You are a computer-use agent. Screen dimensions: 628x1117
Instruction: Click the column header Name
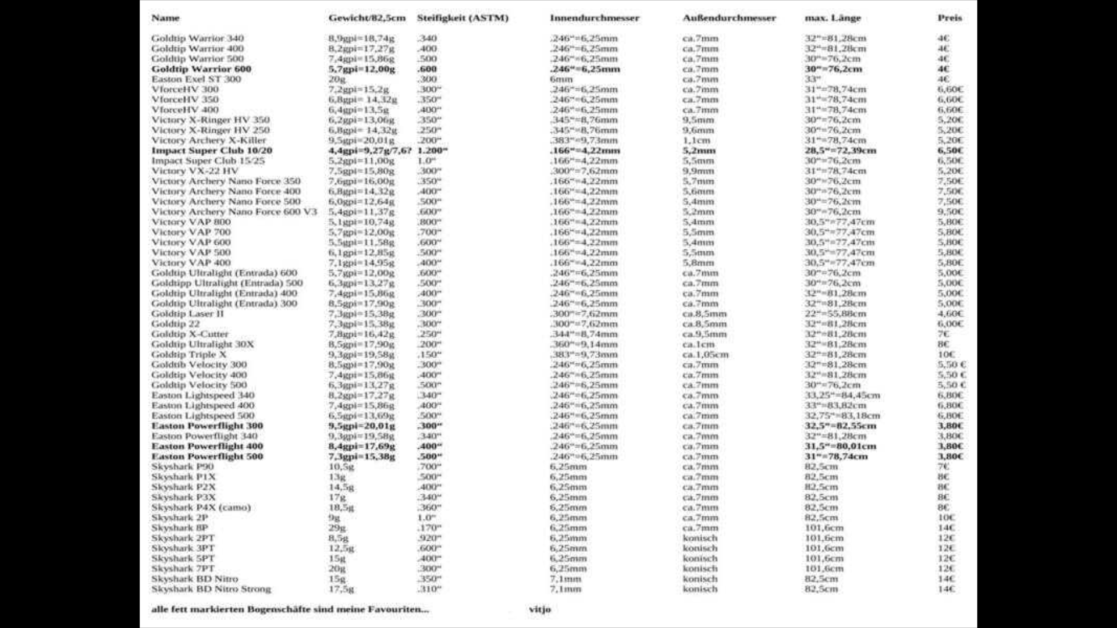click(x=165, y=18)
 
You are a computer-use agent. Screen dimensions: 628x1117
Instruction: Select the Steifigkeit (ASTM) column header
click(x=463, y=18)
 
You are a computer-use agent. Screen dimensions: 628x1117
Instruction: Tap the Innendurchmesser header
click(x=594, y=18)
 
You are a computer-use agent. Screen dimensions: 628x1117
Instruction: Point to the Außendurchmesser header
click(x=729, y=18)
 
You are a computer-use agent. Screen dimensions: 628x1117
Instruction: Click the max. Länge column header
click(x=833, y=18)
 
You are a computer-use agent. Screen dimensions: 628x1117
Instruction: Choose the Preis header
click(x=949, y=18)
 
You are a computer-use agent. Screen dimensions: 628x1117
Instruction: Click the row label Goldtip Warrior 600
click(x=201, y=69)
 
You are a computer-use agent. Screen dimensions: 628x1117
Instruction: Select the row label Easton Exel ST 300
click(x=196, y=79)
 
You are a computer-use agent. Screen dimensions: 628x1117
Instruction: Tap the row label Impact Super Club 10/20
click(x=212, y=151)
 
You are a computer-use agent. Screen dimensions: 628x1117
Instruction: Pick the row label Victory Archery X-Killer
click(x=208, y=140)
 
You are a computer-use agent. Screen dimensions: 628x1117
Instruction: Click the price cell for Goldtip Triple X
click(x=946, y=355)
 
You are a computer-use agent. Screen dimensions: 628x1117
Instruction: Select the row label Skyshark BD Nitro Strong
click(x=211, y=589)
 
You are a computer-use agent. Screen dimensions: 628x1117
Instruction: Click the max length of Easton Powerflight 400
click(x=840, y=447)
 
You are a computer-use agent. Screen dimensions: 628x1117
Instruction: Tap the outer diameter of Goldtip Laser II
click(x=705, y=314)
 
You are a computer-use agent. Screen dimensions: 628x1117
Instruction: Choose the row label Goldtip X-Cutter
click(x=190, y=334)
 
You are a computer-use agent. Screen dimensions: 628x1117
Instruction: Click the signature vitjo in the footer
click(x=540, y=609)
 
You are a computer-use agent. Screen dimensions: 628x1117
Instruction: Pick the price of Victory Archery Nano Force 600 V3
click(x=950, y=212)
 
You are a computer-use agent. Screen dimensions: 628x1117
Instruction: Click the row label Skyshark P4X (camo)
click(x=201, y=508)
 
